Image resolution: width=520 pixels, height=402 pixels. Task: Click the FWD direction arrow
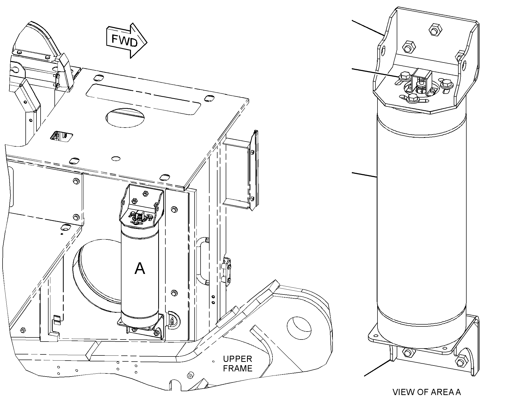tap(126, 41)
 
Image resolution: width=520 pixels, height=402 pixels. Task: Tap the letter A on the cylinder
tap(140, 269)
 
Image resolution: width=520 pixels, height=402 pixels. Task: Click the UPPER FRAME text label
tap(238, 363)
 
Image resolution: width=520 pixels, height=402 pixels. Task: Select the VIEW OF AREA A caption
tap(427, 392)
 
